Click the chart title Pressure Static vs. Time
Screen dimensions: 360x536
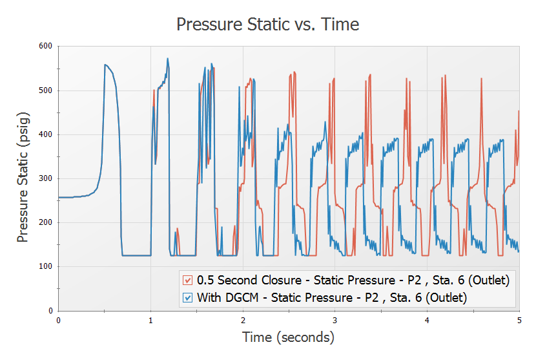(267, 25)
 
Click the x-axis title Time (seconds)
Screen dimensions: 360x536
(288, 337)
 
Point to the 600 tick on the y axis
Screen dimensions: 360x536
(46, 47)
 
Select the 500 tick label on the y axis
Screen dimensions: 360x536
(46, 90)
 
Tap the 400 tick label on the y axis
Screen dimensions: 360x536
(46, 134)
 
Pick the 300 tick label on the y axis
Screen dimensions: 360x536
(46, 178)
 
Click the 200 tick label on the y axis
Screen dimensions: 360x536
(46, 222)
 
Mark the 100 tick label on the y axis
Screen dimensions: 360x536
(46, 266)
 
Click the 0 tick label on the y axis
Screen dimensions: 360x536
(50, 311)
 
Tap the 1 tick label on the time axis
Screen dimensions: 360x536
(150, 319)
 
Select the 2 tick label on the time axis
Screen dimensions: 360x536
(243, 319)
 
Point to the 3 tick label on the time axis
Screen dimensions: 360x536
(335, 319)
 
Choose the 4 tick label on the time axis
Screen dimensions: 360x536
(427, 319)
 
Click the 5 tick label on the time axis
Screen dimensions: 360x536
(519, 319)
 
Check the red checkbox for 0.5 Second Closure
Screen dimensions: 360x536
(188, 281)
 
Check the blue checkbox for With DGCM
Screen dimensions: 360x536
(188, 297)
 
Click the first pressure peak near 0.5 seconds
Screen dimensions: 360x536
(105, 65)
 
